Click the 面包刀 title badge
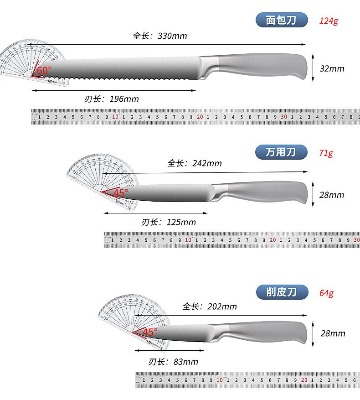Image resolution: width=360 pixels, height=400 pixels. pos(281,20)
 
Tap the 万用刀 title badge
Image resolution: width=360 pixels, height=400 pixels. pos(281,152)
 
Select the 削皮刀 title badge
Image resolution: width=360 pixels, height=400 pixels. pos(281,292)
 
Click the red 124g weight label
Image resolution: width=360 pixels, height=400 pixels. pos(329,21)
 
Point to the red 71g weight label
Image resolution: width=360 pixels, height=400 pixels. pos(326,153)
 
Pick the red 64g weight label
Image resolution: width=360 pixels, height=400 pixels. pos(326,292)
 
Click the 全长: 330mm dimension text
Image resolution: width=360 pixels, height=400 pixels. pos(160,36)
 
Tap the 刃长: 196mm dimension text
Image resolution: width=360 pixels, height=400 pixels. pos(112,99)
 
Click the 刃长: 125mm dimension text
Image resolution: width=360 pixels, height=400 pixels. pos(169,222)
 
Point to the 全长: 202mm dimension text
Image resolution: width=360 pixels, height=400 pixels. pos(210,306)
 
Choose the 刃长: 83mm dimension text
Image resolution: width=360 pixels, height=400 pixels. pos(173,362)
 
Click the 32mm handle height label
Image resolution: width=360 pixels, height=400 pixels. pos(332,69)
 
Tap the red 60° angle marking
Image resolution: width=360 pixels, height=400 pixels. pos(44,71)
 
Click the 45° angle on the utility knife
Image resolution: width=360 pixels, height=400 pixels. pos(120,192)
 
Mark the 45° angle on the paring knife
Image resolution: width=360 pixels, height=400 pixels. pos(149,332)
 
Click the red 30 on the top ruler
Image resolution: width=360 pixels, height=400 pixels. pos(284,117)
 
